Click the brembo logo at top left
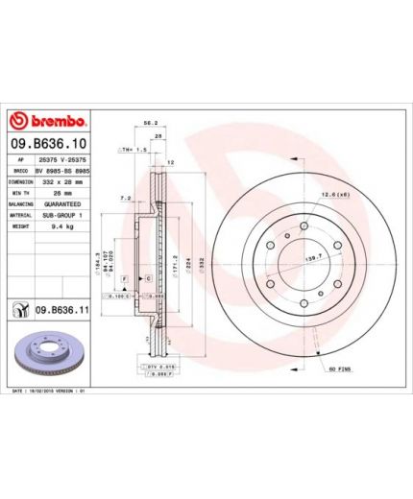(x=48, y=122)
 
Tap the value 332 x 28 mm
(x=63, y=179)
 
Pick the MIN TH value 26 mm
(x=63, y=192)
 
